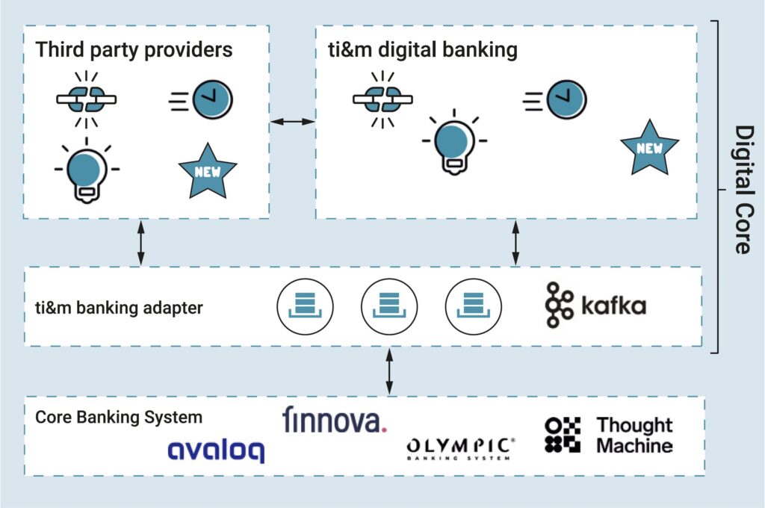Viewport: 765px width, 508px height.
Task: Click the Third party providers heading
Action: tap(134, 51)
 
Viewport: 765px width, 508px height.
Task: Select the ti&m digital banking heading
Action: tap(423, 51)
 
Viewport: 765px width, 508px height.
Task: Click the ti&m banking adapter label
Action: tap(119, 307)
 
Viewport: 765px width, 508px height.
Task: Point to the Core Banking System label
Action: tap(119, 417)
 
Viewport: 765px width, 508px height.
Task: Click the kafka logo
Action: tap(595, 306)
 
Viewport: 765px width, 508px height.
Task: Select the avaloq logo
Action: tap(215, 450)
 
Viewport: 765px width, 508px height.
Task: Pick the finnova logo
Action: tap(335, 420)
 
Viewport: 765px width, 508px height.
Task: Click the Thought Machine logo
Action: tap(609, 436)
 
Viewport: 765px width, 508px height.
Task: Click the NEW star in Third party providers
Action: tap(207, 170)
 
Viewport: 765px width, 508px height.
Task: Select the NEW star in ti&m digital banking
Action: tap(649, 146)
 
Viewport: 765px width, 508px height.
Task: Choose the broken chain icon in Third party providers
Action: tap(87, 100)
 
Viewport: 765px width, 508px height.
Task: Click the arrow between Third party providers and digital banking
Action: tap(292, 120)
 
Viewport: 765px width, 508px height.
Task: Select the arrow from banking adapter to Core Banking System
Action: tap(388, 371)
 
